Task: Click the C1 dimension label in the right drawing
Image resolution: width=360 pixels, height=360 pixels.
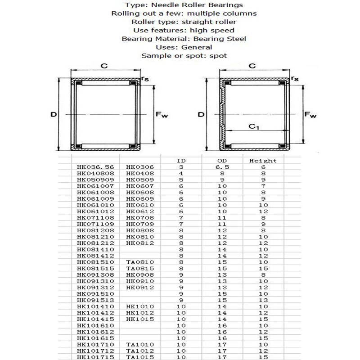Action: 254,127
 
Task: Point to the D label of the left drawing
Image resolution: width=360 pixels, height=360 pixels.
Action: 53,115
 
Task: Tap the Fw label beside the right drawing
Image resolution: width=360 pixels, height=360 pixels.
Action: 310,115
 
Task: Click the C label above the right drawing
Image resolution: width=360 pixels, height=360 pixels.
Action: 252,66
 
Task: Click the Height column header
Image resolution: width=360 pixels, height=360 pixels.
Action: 263,161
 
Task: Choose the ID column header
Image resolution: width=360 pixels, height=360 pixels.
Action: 181,161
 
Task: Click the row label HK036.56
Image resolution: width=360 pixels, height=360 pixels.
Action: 95,167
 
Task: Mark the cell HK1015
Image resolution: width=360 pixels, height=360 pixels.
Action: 140,319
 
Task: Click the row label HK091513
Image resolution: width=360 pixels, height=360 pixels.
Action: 95,300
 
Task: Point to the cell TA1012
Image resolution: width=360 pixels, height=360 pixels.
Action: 140,351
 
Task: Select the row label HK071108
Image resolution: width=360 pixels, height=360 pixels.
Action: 95,217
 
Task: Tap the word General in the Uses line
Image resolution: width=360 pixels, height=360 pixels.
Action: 197,47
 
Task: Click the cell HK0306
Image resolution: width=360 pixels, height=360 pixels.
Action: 140,167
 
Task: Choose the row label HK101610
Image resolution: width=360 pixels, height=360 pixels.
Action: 95,325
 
